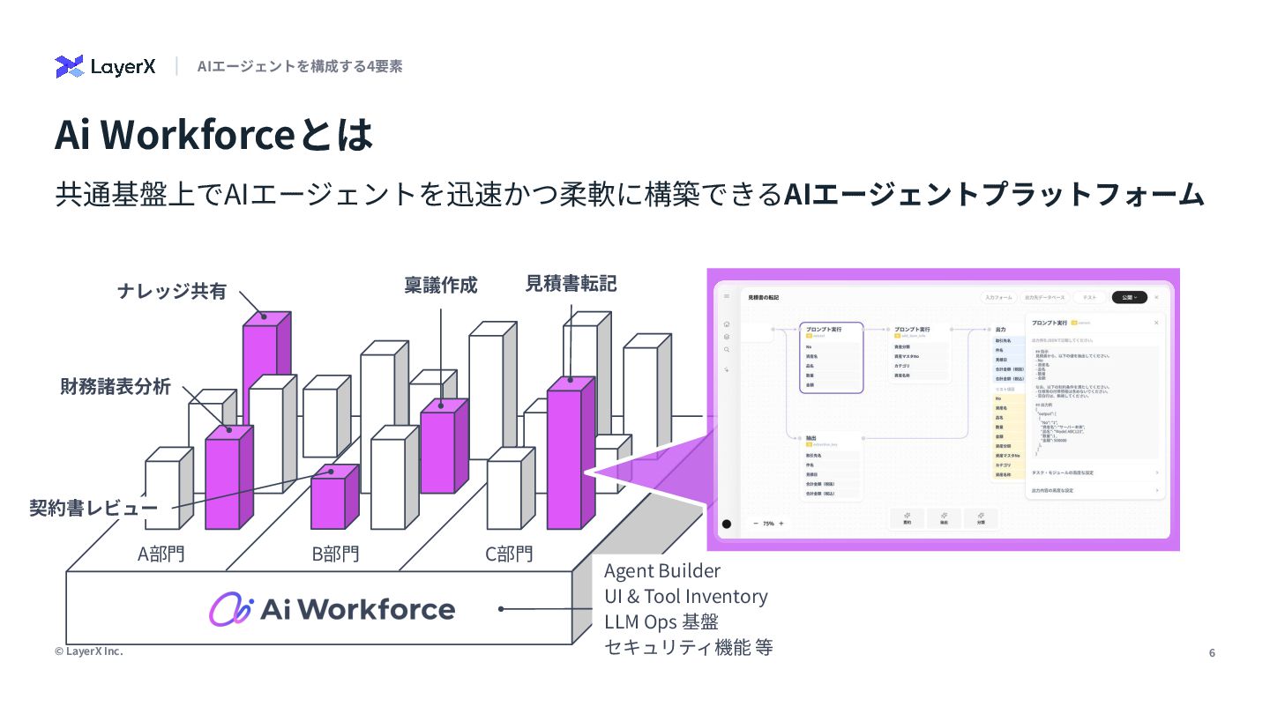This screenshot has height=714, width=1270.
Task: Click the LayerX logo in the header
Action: coord(105,66)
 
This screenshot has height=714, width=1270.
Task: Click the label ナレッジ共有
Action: coord(172,291)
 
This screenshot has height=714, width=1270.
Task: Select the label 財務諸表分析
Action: coord(116,386)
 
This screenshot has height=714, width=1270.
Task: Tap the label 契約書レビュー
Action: coord(93,508)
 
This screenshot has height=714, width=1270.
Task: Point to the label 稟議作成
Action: coord(441,285)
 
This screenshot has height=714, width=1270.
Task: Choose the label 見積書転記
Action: coord(571,283)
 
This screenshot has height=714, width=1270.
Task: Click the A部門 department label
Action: coord(161,554)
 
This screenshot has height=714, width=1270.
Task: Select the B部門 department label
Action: coord(335,554)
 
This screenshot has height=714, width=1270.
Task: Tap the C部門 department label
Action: coord(509,554)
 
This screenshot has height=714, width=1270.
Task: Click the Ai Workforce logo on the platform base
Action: coord(332,609)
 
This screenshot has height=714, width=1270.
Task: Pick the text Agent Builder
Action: coord(661,571)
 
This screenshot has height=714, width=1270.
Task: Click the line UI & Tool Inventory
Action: coord(685,597)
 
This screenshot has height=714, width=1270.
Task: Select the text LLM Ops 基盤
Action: coord(661,621)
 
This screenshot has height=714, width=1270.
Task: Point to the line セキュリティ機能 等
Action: coord(688,647)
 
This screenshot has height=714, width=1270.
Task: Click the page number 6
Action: coord(1212,653)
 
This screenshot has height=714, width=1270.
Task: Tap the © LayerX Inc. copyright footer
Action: coord(88,651)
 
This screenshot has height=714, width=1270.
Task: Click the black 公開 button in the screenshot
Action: coord(1129,298)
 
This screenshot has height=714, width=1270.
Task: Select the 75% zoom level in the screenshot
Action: coord(768,524)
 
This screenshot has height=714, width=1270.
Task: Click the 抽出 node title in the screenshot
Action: coord(811,437)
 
